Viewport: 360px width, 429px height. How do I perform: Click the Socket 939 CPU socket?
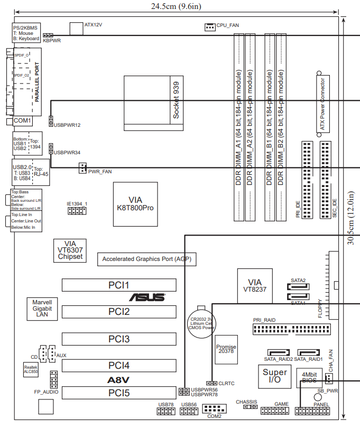click(x=154, y=101)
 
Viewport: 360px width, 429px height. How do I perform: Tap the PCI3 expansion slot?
click(x=119, y=339)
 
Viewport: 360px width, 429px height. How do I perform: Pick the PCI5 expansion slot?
click(x=119, y=393)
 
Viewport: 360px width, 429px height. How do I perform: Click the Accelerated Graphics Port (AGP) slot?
click(x=146, y=259)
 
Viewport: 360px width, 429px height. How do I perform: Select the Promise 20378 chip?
click(x=226, y=349)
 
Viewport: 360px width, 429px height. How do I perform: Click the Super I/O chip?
click(x=275, y=376)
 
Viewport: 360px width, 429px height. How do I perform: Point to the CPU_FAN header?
click(x=210, y=26)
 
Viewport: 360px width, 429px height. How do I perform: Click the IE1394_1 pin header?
click(x=76, y=211)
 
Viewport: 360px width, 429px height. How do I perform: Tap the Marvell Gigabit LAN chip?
click(x=41, y=309)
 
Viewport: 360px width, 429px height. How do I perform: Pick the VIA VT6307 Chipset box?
click(x=70, y=250)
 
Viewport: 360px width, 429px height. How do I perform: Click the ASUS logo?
click(x=147, y=298)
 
